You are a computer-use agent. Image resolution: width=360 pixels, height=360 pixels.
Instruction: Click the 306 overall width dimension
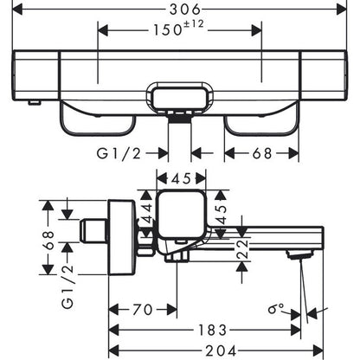(x=184, y=10)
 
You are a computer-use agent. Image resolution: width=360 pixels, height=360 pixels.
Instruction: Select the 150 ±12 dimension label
(x=178, y=29)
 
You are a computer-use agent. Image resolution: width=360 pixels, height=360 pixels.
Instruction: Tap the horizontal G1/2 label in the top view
(x=119, y=154)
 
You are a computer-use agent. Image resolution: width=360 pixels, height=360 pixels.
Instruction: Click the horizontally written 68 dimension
(x=262, y=153)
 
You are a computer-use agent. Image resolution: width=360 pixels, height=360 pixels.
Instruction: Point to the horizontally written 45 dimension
(x=181, y=179)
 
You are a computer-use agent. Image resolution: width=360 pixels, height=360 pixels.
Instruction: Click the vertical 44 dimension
(x=147, y=213)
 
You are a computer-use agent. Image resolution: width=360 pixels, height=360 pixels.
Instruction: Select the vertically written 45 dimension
(x=222, y=215)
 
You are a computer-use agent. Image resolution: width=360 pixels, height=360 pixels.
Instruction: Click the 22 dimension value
(x=242, y=248)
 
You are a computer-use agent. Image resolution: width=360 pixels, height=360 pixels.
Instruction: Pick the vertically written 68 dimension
(x=49, y=241)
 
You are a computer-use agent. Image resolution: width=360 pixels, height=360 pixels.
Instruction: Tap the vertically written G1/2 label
(x=68, y=287)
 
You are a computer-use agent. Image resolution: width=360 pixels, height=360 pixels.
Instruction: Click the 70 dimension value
(x=143, y=310)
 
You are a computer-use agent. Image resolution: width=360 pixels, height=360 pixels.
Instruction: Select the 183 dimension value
(x=213, y=330)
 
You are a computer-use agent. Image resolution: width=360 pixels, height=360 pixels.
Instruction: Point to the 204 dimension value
(x=221, y=351)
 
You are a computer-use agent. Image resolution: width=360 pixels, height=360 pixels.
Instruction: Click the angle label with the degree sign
(x=276, y=309)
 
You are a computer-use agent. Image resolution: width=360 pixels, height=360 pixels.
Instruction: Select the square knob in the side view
(x=181, y=215)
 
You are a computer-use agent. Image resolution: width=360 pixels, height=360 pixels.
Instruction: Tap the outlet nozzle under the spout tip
(x=299, y=254)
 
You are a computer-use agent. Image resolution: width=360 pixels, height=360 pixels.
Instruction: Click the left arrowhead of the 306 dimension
(x=17, y=10)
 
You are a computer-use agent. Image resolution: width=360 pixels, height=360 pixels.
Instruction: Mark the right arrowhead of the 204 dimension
(x=318, y=351)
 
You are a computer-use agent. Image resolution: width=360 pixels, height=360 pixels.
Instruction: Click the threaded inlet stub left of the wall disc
(x=93, y=231)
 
